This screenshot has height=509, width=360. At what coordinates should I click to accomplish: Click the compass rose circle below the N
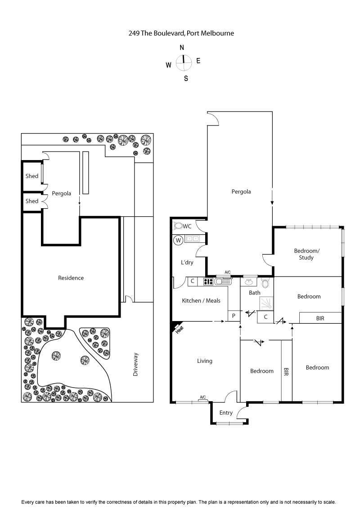coord(184,63)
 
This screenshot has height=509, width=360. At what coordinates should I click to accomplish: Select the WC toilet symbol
coord(178,226)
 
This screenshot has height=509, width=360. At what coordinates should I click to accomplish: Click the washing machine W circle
coord(178,241)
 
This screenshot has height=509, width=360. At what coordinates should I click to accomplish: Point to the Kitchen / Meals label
coord(201,300)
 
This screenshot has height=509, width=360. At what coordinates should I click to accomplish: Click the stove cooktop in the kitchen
coord(208,282)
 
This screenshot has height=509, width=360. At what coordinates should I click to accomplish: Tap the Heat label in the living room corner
coord(179,329)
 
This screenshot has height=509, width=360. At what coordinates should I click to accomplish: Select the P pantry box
coord(234,316)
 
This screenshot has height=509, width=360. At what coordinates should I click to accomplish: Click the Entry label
coord(226,413)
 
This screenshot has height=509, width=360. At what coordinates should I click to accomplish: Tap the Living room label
coord(204,361)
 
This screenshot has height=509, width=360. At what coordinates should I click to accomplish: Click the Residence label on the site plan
coord(71,278)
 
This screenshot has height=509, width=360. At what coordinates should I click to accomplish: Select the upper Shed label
coord(32,176)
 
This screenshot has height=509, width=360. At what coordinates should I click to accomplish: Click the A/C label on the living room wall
coord(203,397)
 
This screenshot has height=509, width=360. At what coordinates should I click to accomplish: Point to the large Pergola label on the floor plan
coord(241,192)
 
